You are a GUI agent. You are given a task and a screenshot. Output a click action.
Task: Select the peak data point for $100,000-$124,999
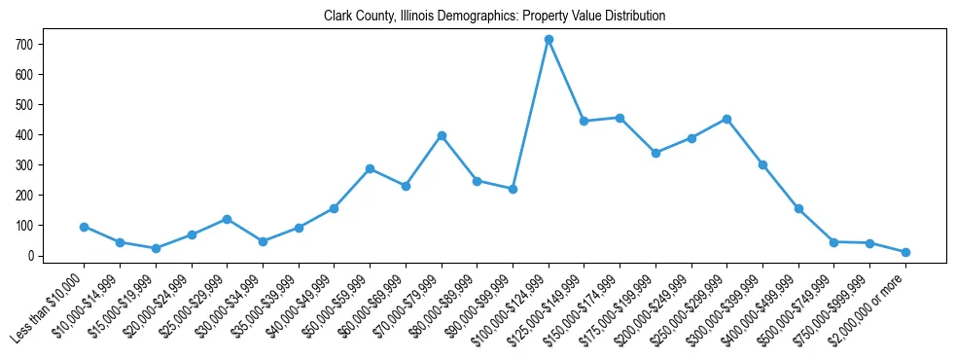[549, 40]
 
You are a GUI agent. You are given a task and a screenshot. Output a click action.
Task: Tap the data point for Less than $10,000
[84, 227]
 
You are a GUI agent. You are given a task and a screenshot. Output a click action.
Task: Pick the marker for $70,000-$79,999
[442, 135]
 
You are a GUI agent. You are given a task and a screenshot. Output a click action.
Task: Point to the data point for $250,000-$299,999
[726, 119]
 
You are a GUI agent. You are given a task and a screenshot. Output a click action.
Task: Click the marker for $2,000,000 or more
[905, 252]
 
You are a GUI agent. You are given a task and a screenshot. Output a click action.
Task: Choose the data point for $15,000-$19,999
[156, 248]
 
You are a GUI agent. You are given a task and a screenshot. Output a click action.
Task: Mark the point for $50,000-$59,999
[370, 168]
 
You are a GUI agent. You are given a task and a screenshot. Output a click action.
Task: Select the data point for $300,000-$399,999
[762, 164]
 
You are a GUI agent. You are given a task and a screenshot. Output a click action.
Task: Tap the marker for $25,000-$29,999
[227, 219]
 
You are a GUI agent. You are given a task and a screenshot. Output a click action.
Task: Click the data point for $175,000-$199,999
[655, 153]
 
